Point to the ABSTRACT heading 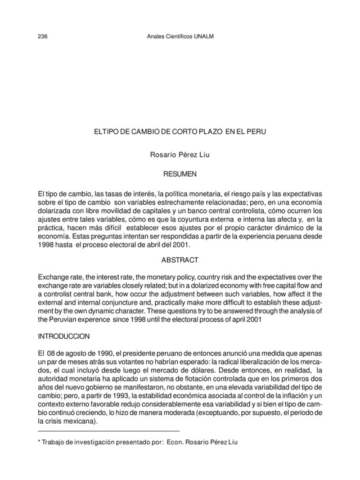point(179,260)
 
